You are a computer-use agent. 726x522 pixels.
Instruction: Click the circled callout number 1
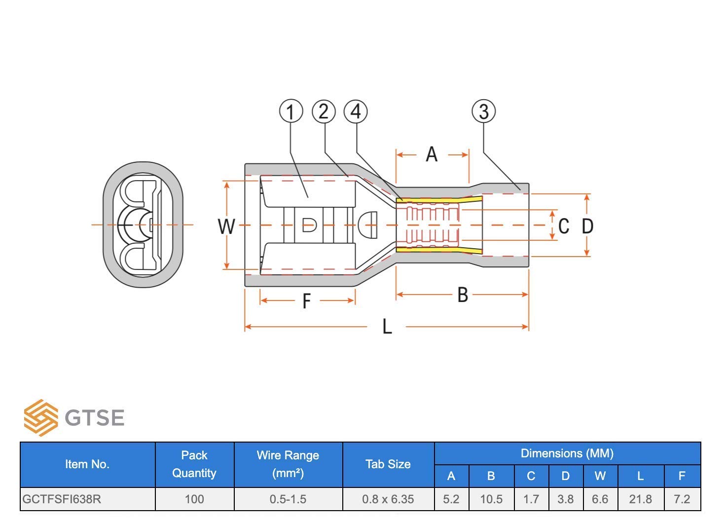click(x=290, y=111)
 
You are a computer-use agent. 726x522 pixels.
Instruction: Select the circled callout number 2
click(x=324, y=111)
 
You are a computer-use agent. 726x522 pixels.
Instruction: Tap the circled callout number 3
click(x=483, y=111)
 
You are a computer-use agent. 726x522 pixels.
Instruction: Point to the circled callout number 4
click(x=356, y=111)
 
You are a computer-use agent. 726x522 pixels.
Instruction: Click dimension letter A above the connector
click(x=432, y=154)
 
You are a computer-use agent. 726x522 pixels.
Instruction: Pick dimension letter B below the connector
click(x=463, y=295)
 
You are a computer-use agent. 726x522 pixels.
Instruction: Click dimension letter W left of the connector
click(x=226, y=226)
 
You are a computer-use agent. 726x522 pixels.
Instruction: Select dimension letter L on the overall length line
click(x=387, y=326)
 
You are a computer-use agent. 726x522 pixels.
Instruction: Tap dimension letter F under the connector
click(x=307, y=301)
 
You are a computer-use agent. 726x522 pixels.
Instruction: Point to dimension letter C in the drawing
click(x=564, y=226)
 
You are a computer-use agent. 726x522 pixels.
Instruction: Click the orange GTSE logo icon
click(x=41, y=417)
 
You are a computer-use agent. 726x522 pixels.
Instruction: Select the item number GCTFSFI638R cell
click(x=62, y=499)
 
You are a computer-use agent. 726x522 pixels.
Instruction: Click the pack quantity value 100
click(x=194, y=499)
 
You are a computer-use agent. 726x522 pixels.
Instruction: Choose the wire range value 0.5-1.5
click(x=288, y=499)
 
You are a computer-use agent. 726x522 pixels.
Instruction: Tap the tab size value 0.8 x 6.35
click(x=388, y=499)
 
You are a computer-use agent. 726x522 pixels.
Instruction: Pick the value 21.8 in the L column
click(x=641, y=499)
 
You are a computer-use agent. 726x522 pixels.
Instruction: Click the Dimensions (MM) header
click(x=567, y=453)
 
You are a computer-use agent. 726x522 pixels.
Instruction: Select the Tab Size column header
click(x=388, y=464)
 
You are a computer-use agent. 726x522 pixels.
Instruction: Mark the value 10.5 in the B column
click(x=491, y=499)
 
